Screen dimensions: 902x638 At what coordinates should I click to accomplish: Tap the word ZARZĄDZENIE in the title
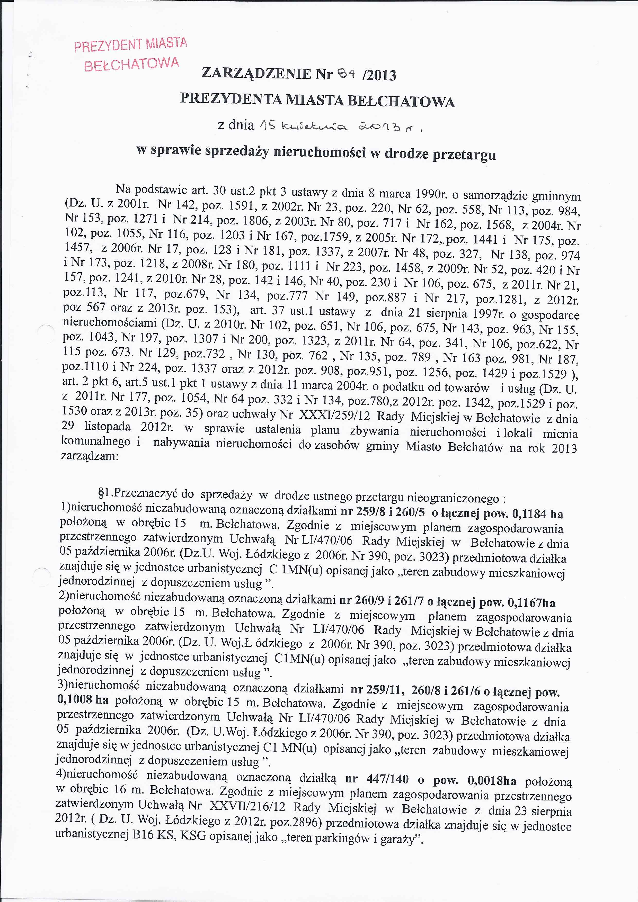pyautogui.click(x=256, y=74)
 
